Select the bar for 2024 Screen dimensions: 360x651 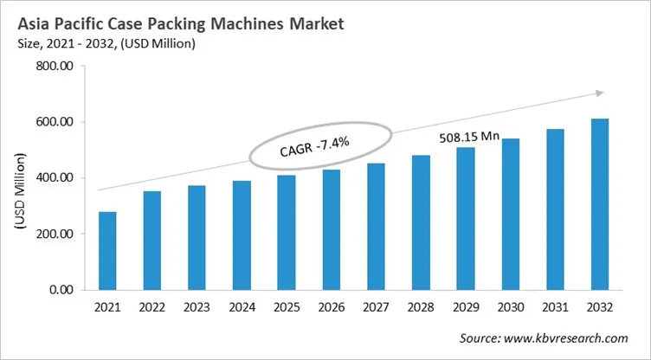point(243,235)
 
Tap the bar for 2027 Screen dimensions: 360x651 point(377,226)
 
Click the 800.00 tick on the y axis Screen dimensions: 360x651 point(54,67)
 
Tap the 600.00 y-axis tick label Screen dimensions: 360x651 point(54,122)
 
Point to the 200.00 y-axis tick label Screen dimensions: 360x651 point(54,234)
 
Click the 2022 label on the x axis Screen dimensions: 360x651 point(151,307)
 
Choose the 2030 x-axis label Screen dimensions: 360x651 point(511,307)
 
